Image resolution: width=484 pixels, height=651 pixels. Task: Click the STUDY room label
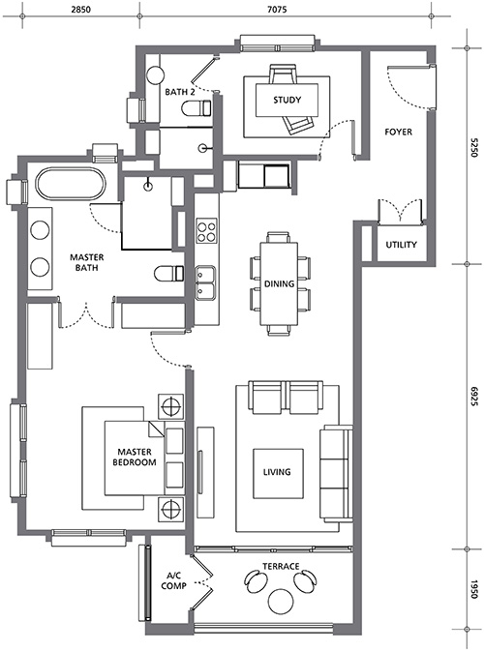(x=287, y=100)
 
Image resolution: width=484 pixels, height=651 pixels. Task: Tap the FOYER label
(x=399, y=132)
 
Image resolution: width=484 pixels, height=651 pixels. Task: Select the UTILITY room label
(x=401, y=245)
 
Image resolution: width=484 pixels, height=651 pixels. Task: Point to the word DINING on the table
(x=279, y=284)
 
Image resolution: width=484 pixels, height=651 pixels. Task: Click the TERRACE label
(x=281, y=566)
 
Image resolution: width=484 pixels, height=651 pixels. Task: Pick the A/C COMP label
(x=173, y=580)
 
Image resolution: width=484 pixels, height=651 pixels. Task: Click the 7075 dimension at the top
(x=277, y=9)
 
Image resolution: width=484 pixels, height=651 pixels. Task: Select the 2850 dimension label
(x=80, y=9)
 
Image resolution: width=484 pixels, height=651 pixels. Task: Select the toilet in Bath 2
(x=197, y=108)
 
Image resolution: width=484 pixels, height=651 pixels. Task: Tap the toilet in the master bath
(x=169, y=274)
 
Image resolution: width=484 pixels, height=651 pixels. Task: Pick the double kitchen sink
(x=206, y=282)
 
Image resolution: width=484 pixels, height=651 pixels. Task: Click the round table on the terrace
(x=282, y=601)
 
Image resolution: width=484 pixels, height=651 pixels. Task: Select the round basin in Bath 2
(x=156, y=75)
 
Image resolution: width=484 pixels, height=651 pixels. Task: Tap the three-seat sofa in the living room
(x=336, y=473)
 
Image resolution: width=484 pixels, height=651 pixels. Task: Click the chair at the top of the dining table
(x=279, y=238)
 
